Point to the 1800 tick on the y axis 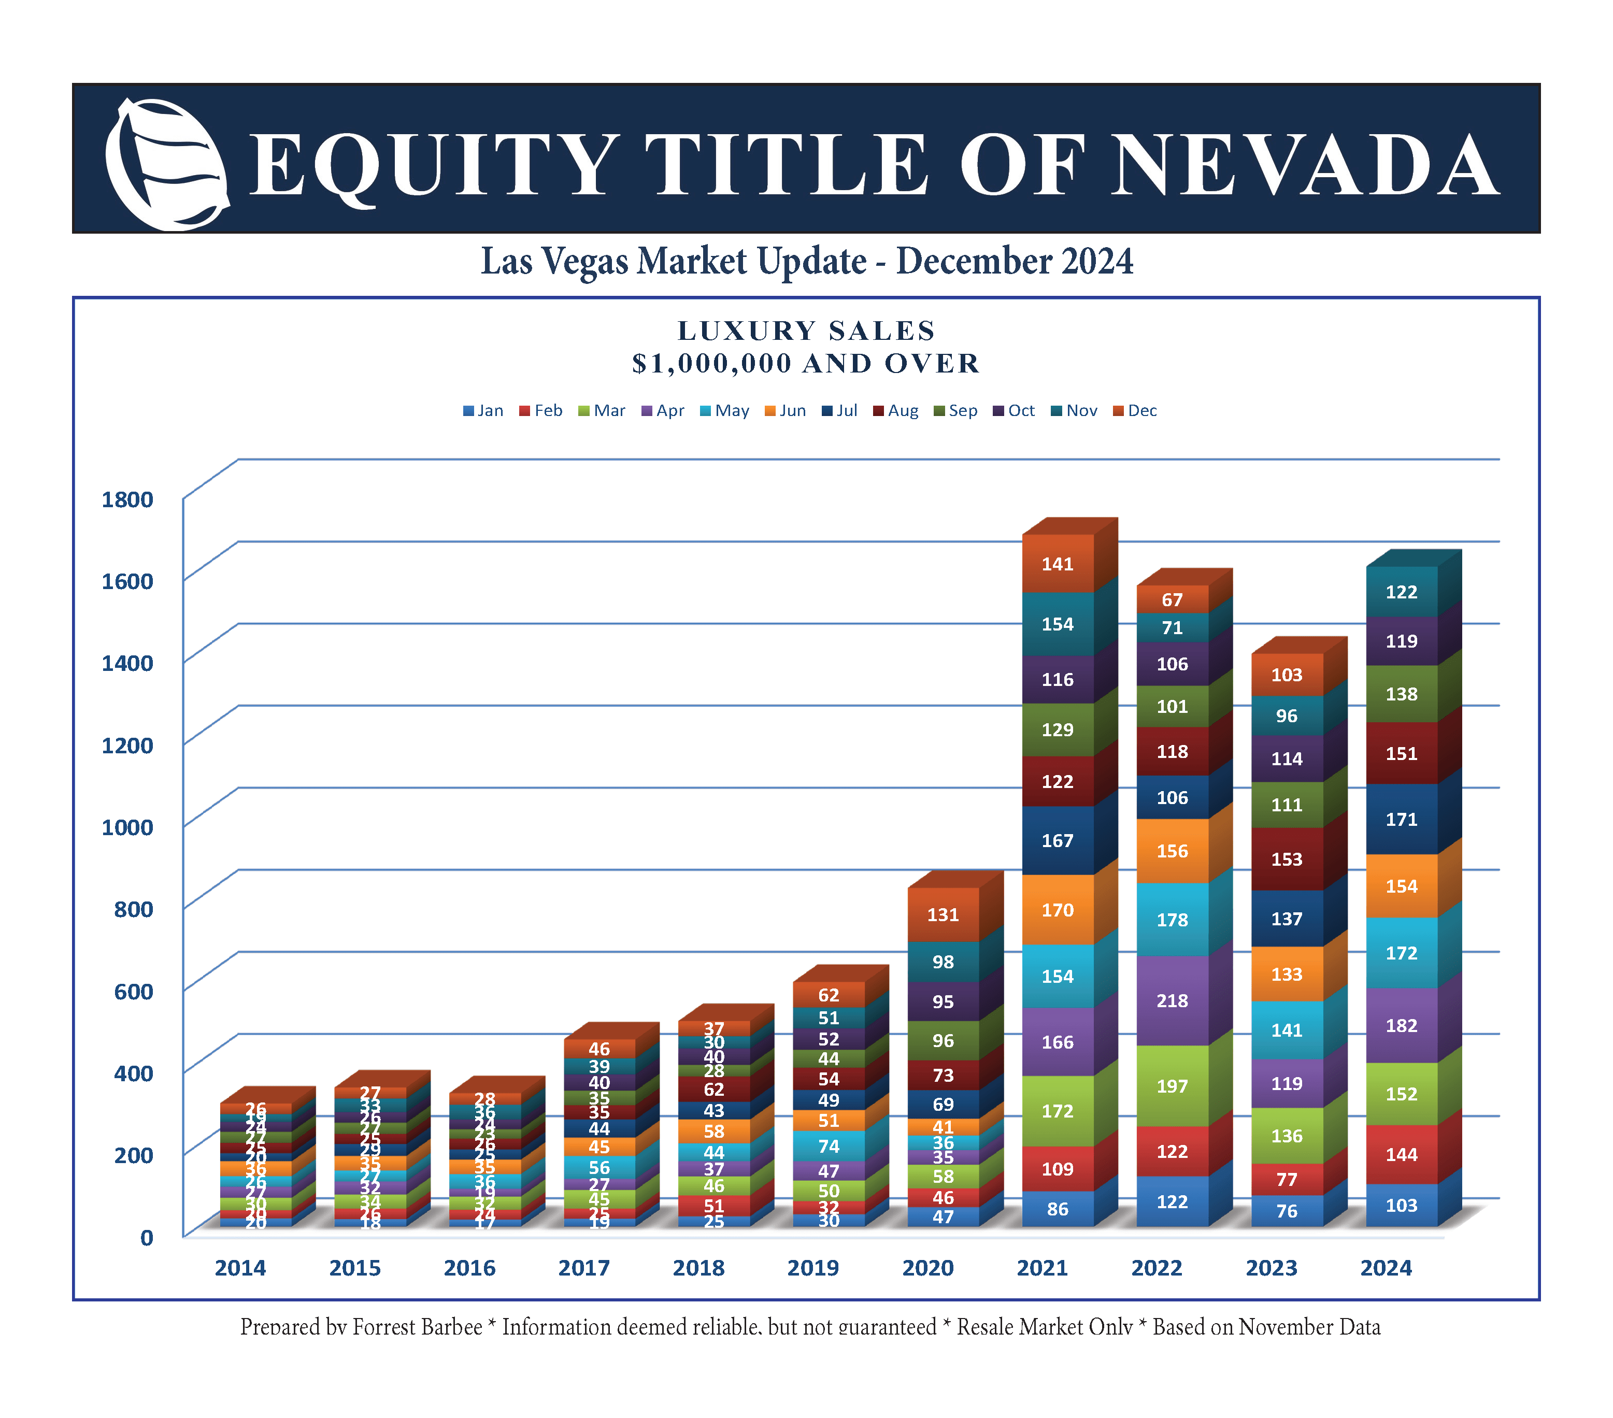point(127,499)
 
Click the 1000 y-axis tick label point(127,827)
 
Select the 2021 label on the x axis point(1041,1268)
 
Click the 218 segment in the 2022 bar point(1172,1000)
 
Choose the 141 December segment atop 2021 point(1058,563)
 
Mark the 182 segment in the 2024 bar point(1402,1025)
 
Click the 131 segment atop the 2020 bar point(943,914)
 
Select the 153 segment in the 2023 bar point(1286,860)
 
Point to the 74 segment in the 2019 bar point(829,1146)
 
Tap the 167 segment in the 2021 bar point(1058,840)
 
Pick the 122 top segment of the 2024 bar point(1402,592)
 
